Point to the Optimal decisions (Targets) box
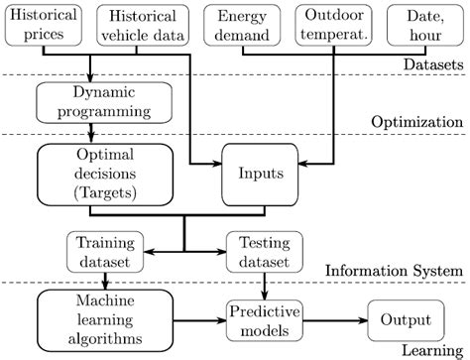(x=90, y=174)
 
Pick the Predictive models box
(x=264, y=318)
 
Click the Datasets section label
(x=433, y=64)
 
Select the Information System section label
(x=393, y=270)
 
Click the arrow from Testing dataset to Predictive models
(x=264, y=284)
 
